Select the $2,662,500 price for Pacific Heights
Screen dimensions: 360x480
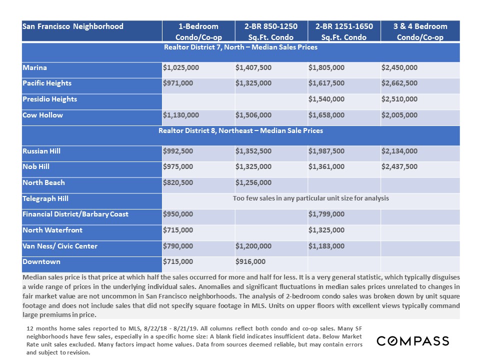point(399,83)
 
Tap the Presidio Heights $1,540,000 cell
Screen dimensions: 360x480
point(326,99)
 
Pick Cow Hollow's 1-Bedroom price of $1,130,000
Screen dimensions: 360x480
point(181,115)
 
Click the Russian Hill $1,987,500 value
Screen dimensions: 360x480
point(326,151)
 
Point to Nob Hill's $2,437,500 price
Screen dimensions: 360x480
point(399,167)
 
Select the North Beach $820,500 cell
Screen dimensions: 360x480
point(178,183)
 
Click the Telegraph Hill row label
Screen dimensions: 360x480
point(45,199)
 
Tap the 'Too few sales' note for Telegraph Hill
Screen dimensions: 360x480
point(310,198)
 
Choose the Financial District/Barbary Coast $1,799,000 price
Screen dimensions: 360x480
point(326,214)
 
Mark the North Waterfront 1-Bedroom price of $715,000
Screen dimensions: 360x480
point(178,230)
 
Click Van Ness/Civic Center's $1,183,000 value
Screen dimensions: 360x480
point(326,246)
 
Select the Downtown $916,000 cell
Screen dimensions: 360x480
point(250,262)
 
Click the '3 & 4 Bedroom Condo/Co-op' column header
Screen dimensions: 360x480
point(419,31)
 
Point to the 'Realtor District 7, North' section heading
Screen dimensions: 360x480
point(240,47)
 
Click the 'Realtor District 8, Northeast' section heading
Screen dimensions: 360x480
point(240,131)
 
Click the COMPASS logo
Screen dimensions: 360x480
point(412,341)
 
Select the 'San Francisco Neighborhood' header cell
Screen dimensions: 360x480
point(73,26)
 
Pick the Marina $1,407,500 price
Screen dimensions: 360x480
point(253,67)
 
